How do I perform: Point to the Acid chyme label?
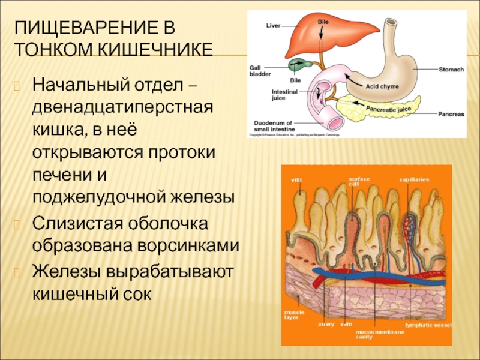[x=382, y=86]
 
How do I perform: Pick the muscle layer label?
[x=295, y=314]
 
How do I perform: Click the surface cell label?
[x=361, y=181]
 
